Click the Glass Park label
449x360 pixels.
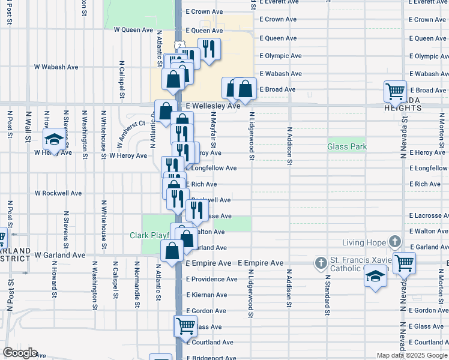pyautogui.click(x=347, y=146)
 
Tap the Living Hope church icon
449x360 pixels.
pyautogui.click(x=394, y=242)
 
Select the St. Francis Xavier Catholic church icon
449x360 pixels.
pyautogui.click(x=320, y=263)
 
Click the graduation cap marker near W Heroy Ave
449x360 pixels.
pyautogui.click(x=54, y=140)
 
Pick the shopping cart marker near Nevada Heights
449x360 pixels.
pyautogui.click(x=395, y=92)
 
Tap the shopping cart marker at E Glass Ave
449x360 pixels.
pyautogui.click(x=185, y=326)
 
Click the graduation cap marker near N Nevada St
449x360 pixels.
pyautogui.click(x=375, y=277)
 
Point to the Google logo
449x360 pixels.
pyautogui.click(x=19, y=353)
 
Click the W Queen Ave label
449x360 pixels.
pyautogui.click(x=134, y=29)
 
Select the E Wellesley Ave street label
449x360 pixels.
pyautogui.click(x=213, y=106)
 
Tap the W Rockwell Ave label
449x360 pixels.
pyautogui.click(x=58, y=193)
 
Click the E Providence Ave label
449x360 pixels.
pyautogui.click(x=211, y=279)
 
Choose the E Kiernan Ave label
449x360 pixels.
pyautogui.click(x=206, y=295)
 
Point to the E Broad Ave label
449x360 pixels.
pyautogui.click(x=277, y=90)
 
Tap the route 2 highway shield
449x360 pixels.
pyautogui.click(x=179, y=46)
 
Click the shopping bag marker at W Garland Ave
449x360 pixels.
pyautogui.click(x=172, y=251)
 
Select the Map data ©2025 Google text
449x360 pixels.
pyautogui.click(x=412, y=355)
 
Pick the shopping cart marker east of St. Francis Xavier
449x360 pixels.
pyautogui.click(x=404, y=262)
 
